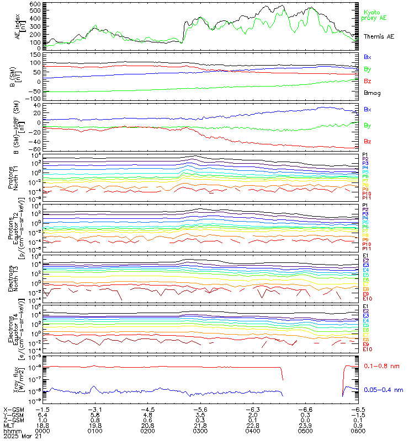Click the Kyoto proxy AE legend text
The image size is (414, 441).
pos(374,14)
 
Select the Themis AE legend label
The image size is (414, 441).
pos(378,36)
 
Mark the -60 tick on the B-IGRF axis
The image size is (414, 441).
pos(34,149)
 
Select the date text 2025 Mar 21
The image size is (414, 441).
pos(19,436)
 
